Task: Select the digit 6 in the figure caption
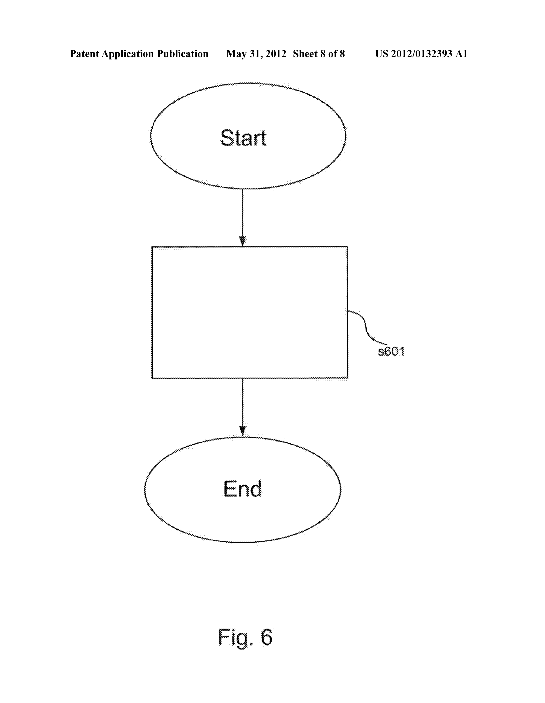tap(266, 636)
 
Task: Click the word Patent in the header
tap(84, 54)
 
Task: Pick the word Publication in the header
tap(182, 54)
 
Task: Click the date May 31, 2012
tap(256, 54)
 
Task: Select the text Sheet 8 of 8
tap(319, 54)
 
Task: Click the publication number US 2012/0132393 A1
tap(421, 54)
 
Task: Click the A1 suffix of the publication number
tap(461, 54)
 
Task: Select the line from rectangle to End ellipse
tap(242, 407)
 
